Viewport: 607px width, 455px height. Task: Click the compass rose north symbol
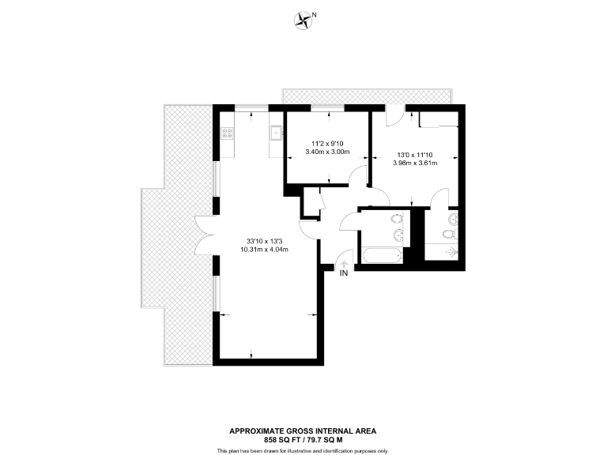(x=303, y=21)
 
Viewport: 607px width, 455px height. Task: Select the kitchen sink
(x=276, y=133)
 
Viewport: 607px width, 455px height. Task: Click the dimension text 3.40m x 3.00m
(x=326, y=152)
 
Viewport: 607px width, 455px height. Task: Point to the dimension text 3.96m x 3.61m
(x=413, y=163)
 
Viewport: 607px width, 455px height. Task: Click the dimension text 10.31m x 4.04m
(x=265, y=250)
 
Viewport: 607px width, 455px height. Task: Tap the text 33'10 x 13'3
(x=265, y=241)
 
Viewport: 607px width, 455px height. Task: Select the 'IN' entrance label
(x=344, y=273)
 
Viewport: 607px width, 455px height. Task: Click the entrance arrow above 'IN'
(x=344, y=264)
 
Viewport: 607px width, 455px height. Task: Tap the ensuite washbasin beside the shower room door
(x=451, y=218)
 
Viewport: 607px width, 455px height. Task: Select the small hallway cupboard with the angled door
(x=311, y=201)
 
